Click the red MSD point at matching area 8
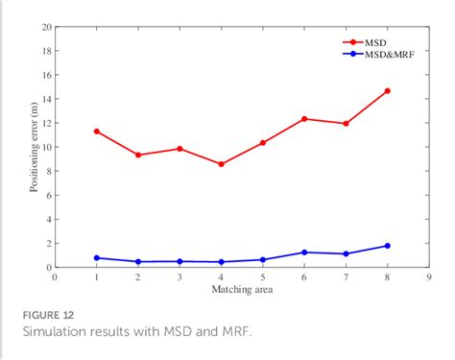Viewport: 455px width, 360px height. click(387, 90)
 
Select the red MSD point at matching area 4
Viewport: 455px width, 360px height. click(221, 164)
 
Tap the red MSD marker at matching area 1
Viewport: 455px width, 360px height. click(97, 131)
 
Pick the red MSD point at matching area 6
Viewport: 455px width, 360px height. click(304, 119)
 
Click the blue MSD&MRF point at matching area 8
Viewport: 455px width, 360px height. click(387, 246)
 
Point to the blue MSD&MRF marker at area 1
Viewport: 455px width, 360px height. click(97, 257)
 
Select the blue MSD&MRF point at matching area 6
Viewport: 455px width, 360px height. click(304, 252)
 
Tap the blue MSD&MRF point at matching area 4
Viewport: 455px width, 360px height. click(221, 262)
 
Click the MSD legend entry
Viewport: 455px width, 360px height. click(382, 42)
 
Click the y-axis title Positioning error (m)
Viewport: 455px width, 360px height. click(34, 147)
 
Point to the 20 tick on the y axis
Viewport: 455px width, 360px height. click(46, 27)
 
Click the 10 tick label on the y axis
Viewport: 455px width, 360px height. click(46, 147)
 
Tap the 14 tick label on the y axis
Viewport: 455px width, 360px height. click(46, 99)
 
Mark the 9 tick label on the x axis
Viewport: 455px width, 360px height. click(428, 277)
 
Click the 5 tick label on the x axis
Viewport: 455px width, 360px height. click(262, 277)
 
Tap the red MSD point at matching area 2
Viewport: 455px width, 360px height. click(138, 155)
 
